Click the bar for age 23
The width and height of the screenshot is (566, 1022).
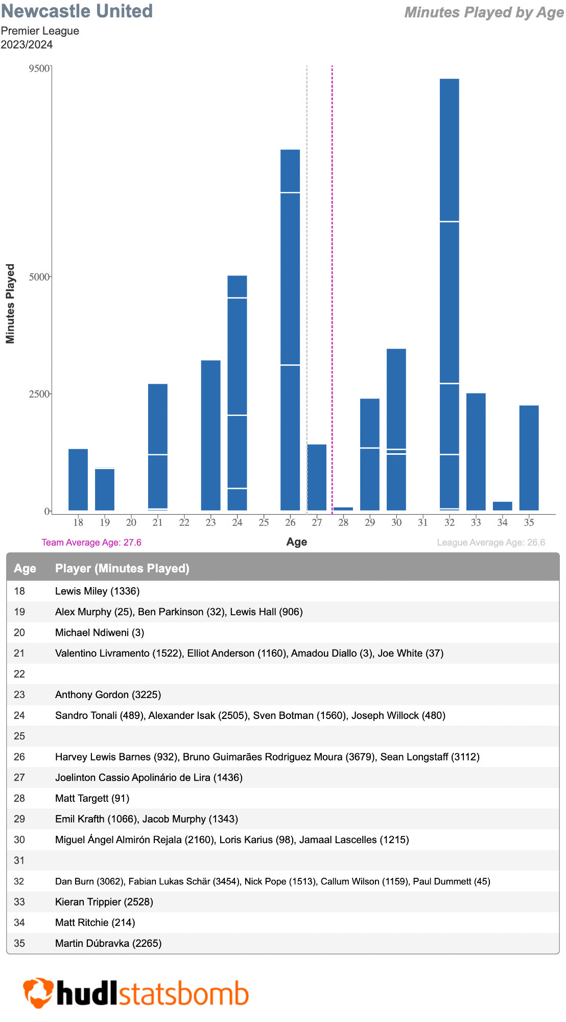[x=210, y=435]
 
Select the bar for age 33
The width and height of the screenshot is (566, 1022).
[x=476, y=452]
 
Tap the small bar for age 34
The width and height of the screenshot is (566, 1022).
[x=502, y=506]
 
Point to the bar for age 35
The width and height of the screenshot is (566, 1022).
[x=529, y=458]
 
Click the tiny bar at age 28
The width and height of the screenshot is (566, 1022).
[x=343, y=509]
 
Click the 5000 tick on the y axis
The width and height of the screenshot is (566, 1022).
[x=39, y=277]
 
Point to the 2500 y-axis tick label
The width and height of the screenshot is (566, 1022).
[x=39, y=394]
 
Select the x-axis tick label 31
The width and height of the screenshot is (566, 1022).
[x=422, y=522]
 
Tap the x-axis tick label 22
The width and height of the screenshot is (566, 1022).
[x=184, y=522]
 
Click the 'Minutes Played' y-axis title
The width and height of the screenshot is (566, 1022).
[x=10, y=304]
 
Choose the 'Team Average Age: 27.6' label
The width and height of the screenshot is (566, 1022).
[x=91, y=542]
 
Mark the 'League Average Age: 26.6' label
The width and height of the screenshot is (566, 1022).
[x=491, y=542]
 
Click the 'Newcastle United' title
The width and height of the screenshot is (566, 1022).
[x=77, y=11]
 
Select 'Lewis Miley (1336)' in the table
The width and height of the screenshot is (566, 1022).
[x=97, y=591]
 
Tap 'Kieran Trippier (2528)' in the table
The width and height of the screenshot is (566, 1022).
[x=104, y=902]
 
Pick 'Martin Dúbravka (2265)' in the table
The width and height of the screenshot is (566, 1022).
[x=108, y=943]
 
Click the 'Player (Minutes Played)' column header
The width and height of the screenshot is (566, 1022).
[x=122, y=568]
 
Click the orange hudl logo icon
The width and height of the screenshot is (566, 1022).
[x=38, y=993]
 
